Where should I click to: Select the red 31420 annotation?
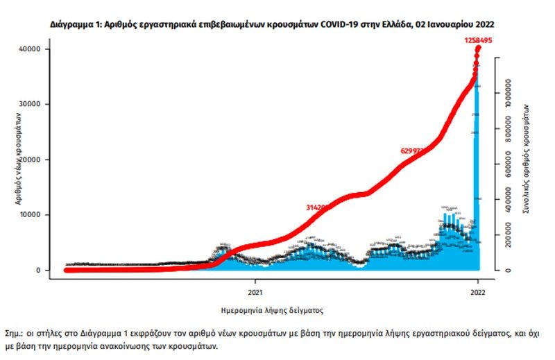pos(316,207)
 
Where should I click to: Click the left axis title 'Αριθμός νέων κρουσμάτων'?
pos(16,160)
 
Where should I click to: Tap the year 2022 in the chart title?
pos(484,24)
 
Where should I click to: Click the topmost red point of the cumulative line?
pos(478,49)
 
